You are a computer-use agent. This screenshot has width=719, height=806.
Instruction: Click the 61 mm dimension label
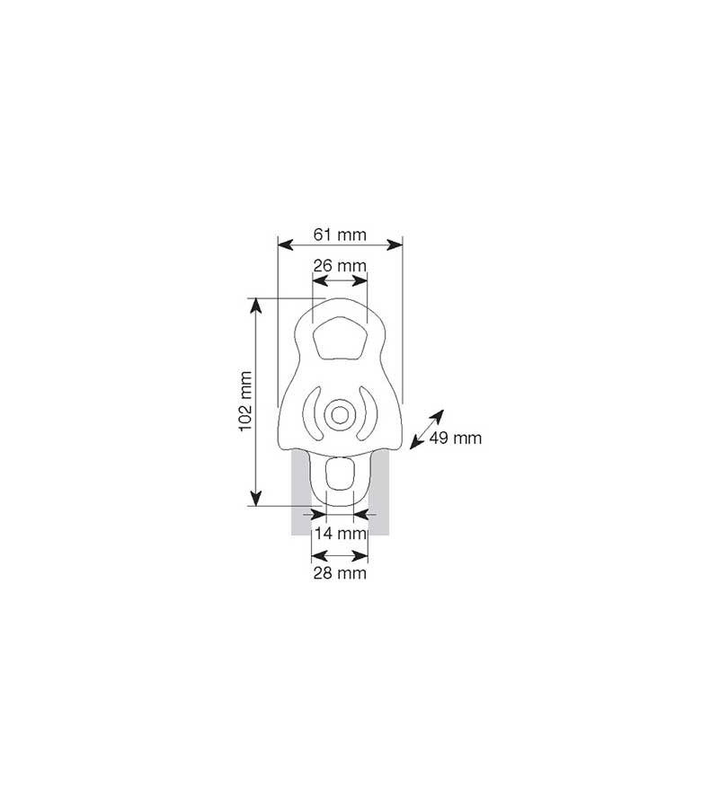340,235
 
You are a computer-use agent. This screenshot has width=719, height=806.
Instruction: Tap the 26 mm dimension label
340,266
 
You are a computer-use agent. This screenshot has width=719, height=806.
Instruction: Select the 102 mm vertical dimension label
246,402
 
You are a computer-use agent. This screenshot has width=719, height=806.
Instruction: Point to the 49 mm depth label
455,438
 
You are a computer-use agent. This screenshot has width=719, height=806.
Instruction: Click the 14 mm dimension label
340,533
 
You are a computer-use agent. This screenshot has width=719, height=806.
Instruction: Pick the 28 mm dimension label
340,572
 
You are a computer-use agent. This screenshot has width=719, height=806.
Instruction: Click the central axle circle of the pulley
340,414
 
